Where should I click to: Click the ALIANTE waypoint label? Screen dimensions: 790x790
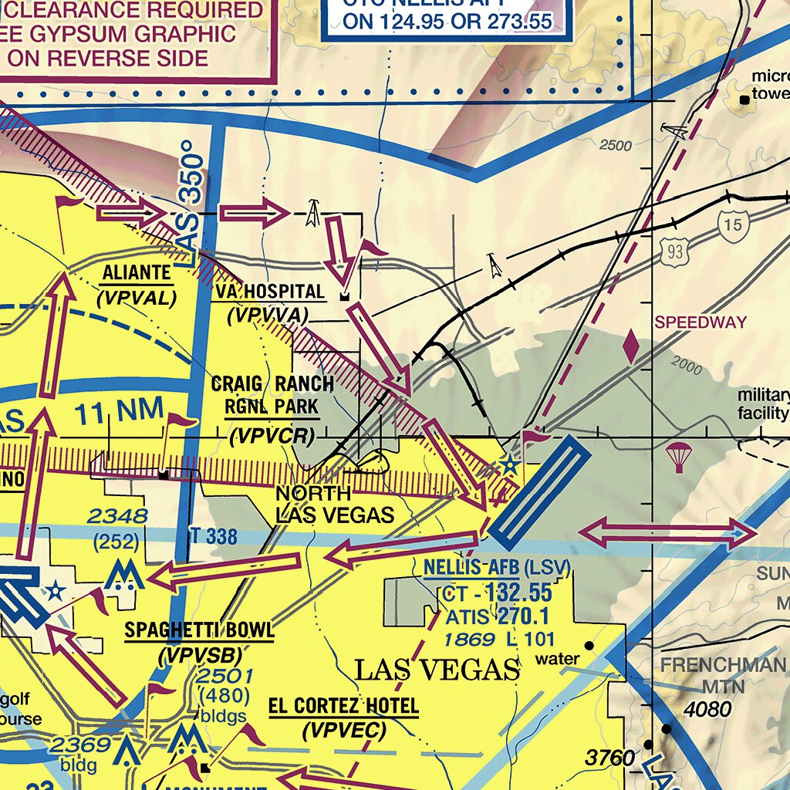[x=137, y=273]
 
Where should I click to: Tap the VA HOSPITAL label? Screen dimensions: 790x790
[x=269, y=292]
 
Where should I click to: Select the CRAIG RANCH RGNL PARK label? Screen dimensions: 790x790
[x=272, y=394]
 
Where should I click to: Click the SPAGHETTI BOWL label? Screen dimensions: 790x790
[x=199, y=630]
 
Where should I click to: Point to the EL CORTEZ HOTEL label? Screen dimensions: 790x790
[x=343, y=705]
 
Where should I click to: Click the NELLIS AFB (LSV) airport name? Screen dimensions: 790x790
[x=496, y=569]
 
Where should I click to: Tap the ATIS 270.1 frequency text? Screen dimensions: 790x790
[x=496, y=616]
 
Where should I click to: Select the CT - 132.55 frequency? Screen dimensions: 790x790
[x=498, y=592]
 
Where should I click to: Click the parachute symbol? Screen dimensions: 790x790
[x=678, y=457]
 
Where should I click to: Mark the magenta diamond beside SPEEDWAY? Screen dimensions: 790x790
[x=631, y=346]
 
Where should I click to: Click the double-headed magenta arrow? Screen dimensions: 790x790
[x=667, y=534]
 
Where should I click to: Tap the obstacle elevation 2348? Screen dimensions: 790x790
[x=116, y=516]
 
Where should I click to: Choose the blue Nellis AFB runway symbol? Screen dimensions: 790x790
[x=537, y=488]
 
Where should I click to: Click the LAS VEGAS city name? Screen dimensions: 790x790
[x=437, y=670]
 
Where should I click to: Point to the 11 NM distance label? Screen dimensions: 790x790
[x=120, y=414]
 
